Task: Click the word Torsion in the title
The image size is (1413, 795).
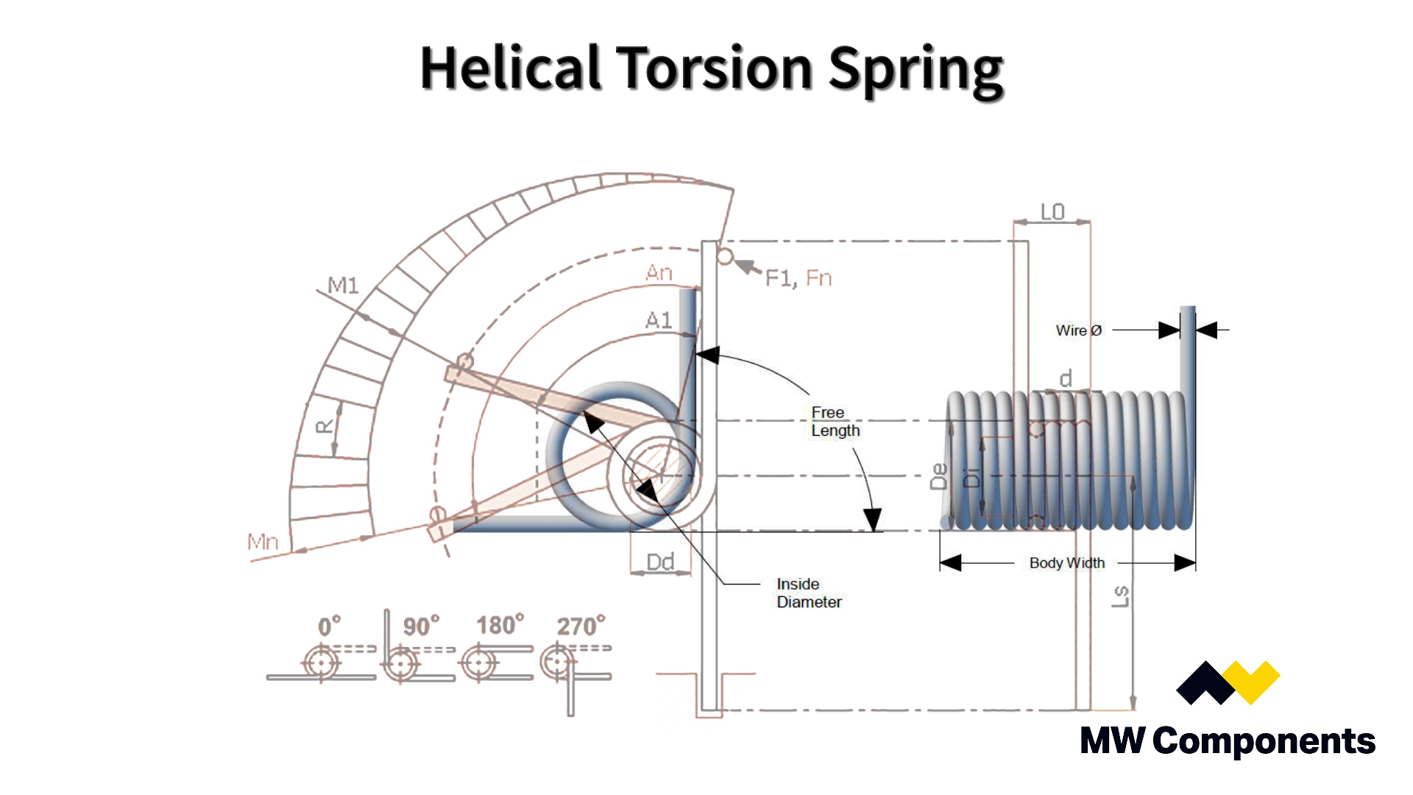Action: point(714,68)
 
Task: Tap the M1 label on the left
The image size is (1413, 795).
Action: point(342,285)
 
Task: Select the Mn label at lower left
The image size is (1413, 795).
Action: point(263,543)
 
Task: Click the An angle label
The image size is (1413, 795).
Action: point(659,273)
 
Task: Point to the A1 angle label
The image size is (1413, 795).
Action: point(659,320)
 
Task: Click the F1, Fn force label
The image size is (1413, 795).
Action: point(798,278)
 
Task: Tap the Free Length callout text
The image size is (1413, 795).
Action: point(835,422)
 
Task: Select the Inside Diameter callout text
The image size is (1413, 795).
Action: point(808,593)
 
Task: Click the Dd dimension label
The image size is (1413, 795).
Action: point(660,562)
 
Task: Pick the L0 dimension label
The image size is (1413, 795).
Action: point(1052,212)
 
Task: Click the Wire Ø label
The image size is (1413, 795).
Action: point(1078,331)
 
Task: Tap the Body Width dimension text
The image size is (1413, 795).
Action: point(1066,563)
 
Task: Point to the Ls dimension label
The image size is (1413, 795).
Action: point(1119,596)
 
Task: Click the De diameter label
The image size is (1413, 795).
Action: point(939,476)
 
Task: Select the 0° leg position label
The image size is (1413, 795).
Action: point(329,626)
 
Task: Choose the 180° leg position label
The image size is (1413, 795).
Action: point(500,625)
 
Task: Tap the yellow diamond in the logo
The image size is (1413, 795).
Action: point(1257,681)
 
